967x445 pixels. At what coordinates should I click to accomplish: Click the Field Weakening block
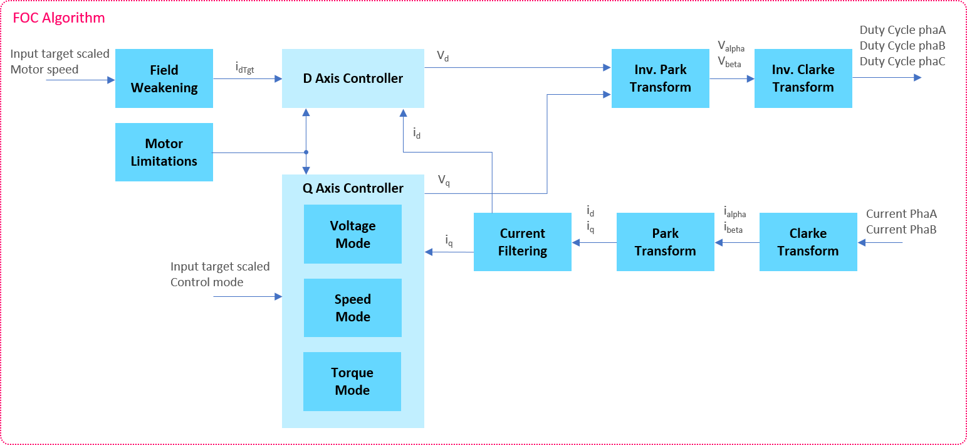click(x=164, y=78)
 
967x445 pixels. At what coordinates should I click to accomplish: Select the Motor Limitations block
click(x=164, y=153)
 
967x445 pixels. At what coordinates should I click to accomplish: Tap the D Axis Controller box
click(x=353, y=78)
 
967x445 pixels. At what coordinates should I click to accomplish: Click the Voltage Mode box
click(x=353, y=234)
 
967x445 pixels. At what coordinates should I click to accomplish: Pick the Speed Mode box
click(x=353, y=308)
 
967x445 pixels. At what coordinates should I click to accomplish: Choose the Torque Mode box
click(x=352, y=381)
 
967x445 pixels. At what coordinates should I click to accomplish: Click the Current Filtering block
click(x=523, y=242)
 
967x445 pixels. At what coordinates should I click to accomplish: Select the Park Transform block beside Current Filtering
click(x=665, y=242)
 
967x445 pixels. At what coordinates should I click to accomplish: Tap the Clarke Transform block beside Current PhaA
click(x=808, y=242)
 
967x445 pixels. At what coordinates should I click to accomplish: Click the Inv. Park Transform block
click(x=661, y=78)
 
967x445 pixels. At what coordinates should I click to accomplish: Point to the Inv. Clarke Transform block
click(x=803, y=78)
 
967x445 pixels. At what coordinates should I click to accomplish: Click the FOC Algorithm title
click(x=59, y=18)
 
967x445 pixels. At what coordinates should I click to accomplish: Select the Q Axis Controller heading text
click(x=353, y=188)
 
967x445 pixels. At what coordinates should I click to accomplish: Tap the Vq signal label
click(x=444, y=181)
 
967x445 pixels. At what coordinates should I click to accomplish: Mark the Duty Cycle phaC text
click(x=902, y=62)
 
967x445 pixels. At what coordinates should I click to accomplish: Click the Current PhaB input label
click(x=901, y=230)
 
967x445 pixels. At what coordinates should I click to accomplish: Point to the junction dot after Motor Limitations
click(x=306, y=152)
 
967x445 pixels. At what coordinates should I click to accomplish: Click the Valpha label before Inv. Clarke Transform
click(x=731, y=46)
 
